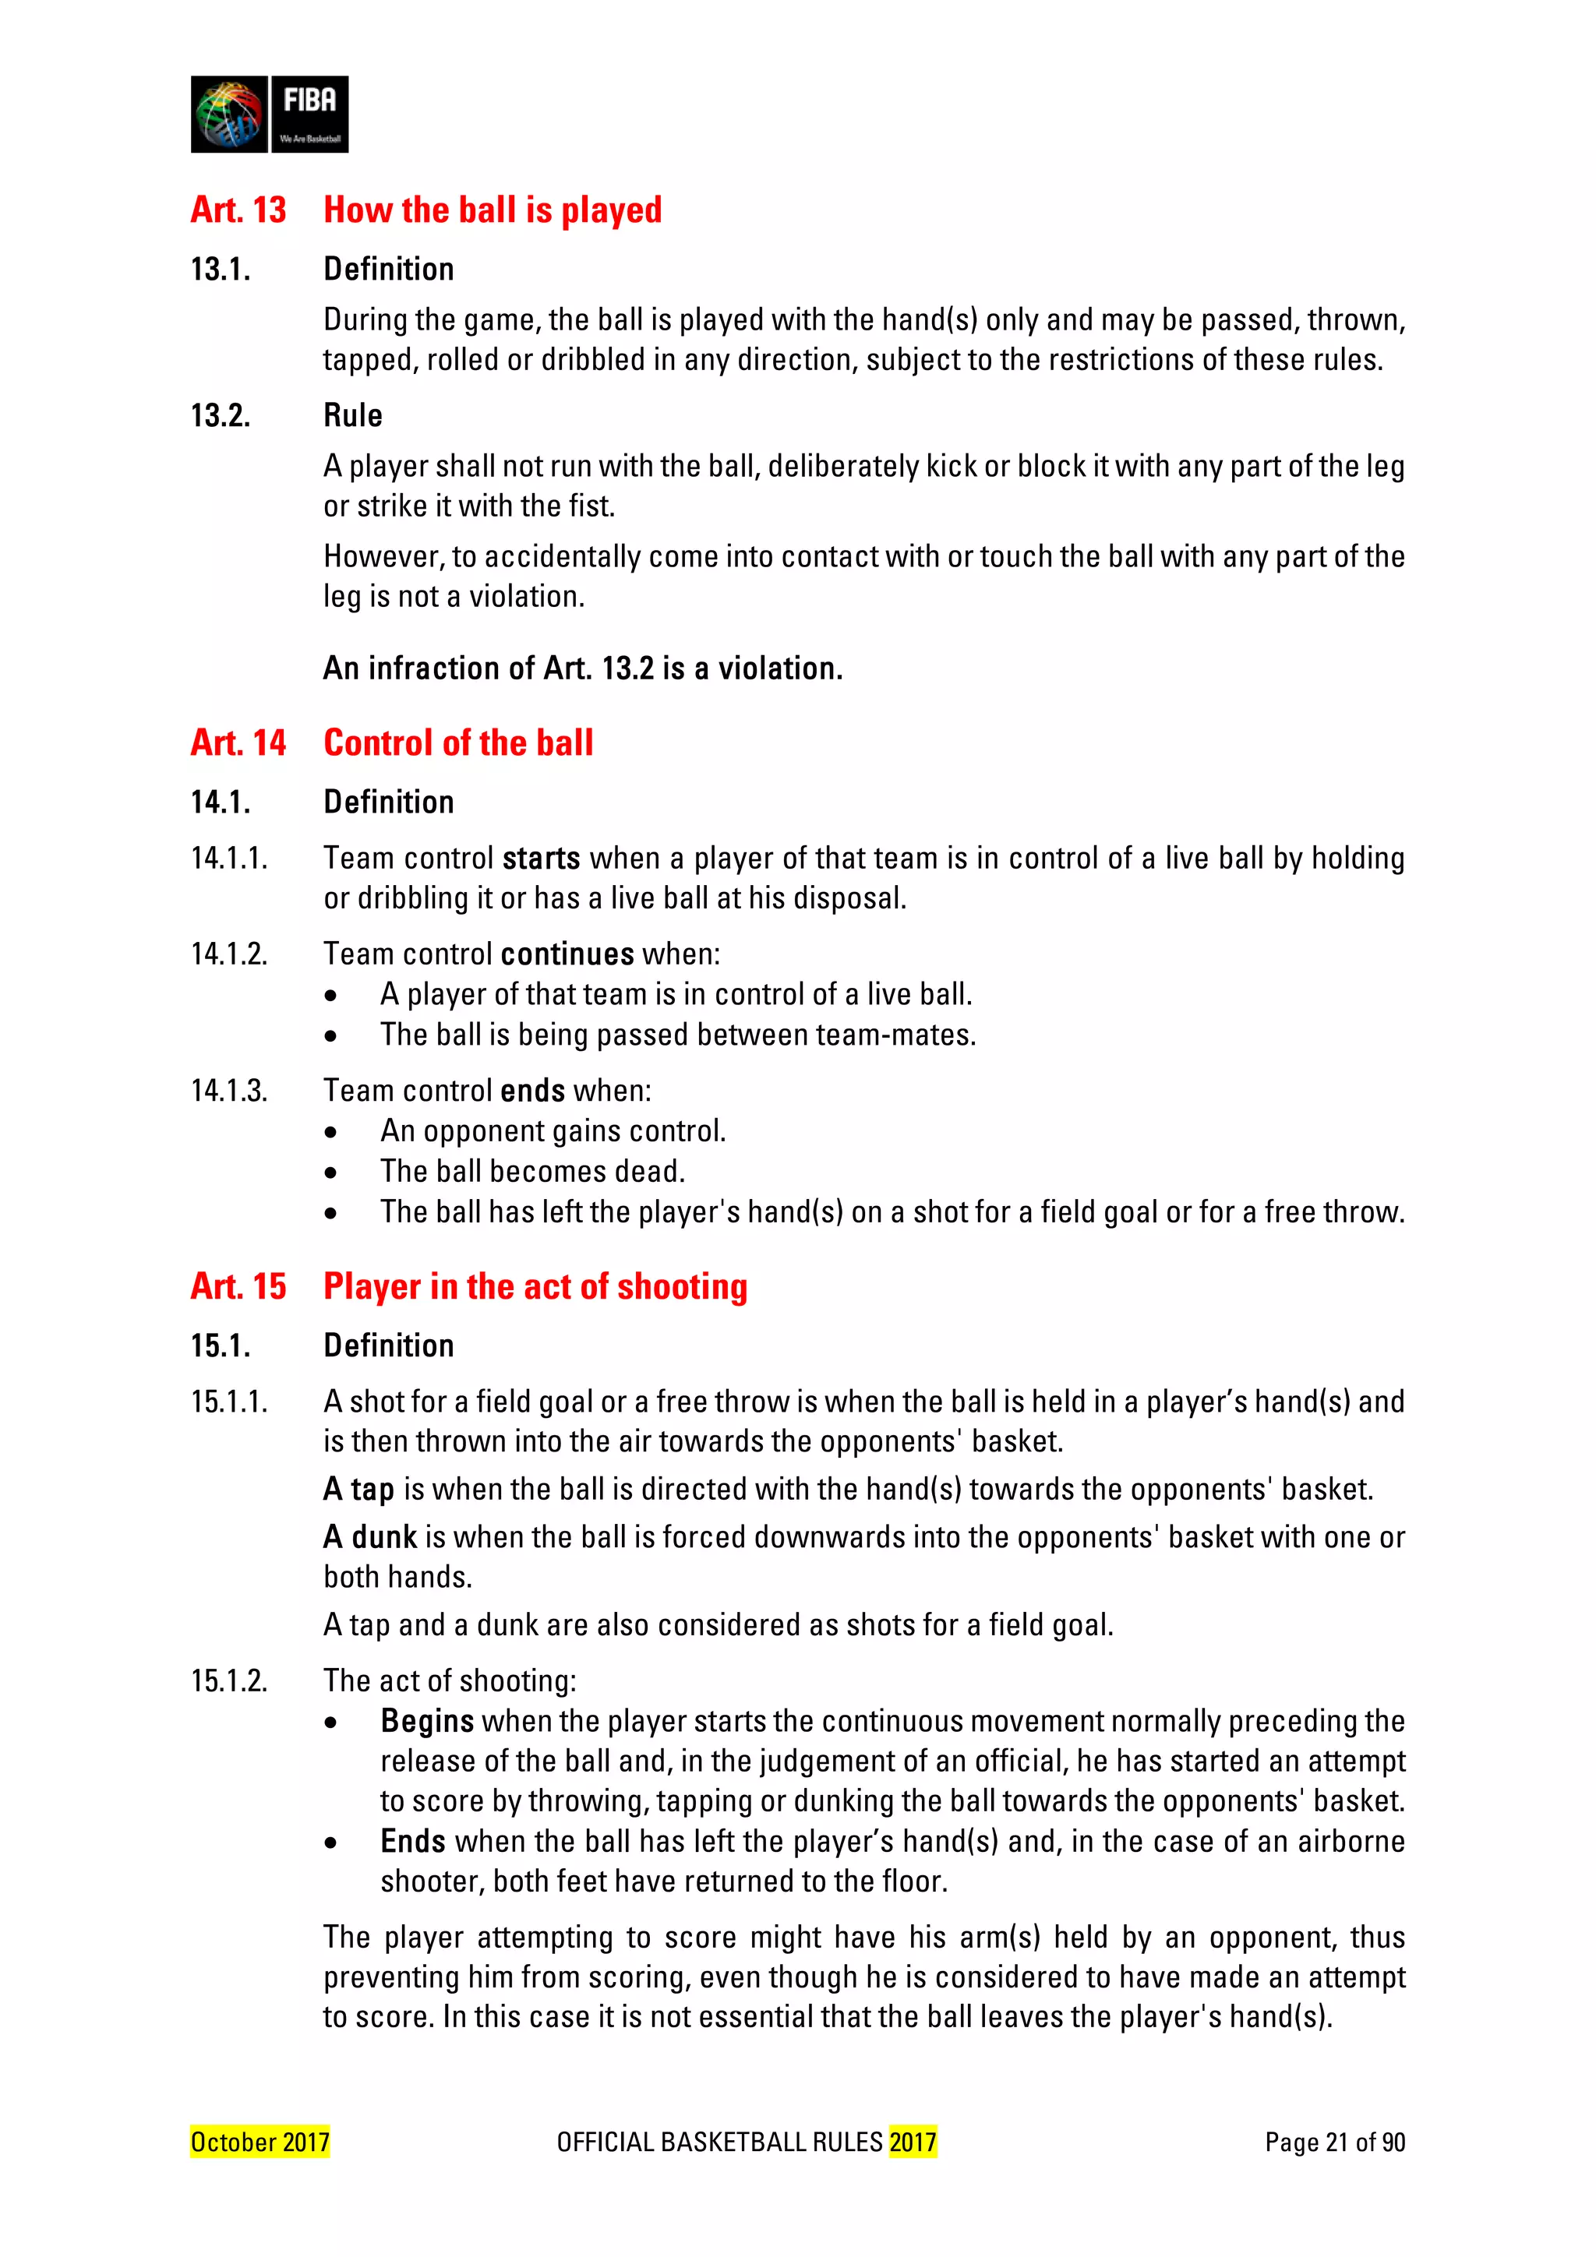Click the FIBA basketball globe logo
229,114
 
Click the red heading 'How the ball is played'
492,210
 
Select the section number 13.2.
221,416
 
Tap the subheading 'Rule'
352,416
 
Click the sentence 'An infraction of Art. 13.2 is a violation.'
582,668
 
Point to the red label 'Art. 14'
238,743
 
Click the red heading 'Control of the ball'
458,743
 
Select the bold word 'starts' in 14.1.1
540,859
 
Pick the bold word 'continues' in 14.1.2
567,954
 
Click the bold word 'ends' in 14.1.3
532,1091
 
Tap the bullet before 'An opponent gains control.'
331,1134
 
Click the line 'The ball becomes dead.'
532,1172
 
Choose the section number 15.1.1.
229,1402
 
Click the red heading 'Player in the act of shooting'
535,1287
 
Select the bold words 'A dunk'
369,1537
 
